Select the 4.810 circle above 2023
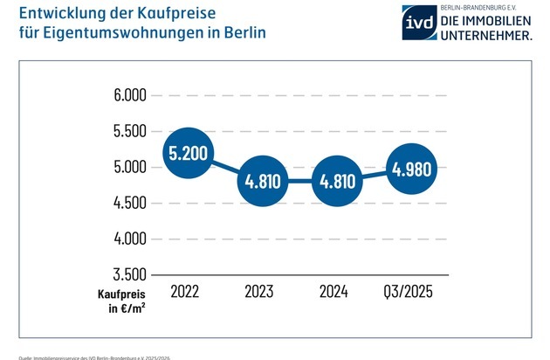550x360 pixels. [x=262, y=181]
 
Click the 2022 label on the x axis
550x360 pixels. [x=184, y=290]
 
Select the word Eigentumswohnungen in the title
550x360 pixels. [x=119, y=34]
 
